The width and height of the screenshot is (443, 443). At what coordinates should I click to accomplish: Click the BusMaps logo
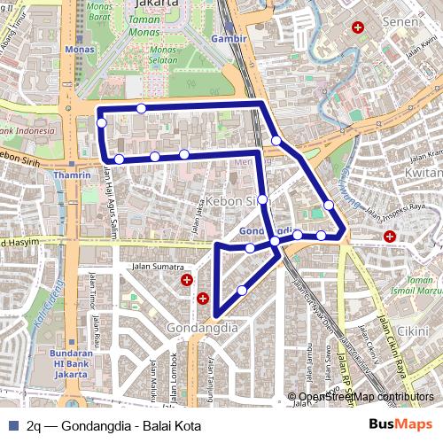click(400, 424)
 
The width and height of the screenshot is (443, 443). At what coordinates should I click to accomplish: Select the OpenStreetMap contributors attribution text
click(366, 397)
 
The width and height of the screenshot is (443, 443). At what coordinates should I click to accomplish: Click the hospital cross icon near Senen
click(358, 28)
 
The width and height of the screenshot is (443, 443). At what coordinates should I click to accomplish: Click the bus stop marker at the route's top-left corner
click(102, 122)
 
